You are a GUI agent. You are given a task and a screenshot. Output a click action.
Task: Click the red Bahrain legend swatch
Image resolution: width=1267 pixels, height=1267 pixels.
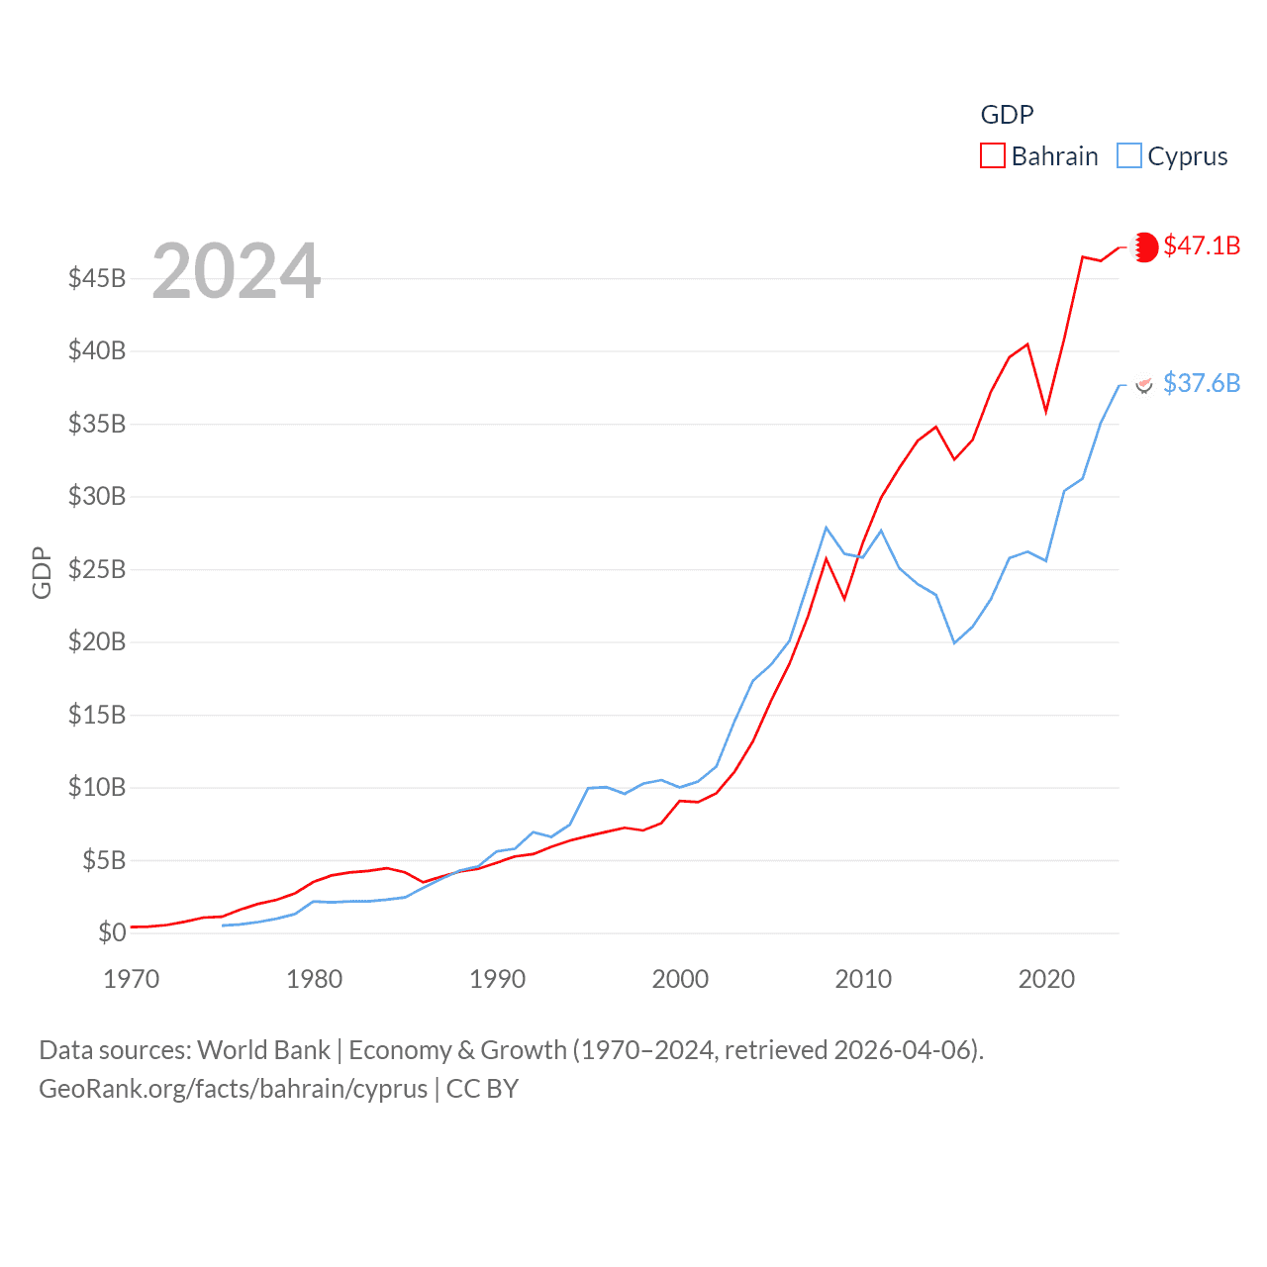click(992, 156)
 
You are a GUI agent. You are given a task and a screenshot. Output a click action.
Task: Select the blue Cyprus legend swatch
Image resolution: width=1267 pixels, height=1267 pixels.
click(1128, 156)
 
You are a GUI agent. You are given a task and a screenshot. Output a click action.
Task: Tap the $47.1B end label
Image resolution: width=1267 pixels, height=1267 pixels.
click(1202, 245)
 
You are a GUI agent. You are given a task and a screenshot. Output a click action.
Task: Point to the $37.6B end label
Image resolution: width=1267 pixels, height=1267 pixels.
click(1202, 383)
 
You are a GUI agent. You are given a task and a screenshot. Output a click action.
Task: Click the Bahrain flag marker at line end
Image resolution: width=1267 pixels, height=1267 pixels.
click(1145, 246)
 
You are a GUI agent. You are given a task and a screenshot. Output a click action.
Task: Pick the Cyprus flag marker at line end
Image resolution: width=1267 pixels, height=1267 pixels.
click(1144, 384)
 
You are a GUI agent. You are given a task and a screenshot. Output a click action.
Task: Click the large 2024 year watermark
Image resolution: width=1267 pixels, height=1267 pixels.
click(236, 271)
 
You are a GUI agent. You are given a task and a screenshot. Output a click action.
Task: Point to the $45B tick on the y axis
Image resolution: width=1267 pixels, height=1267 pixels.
click(97, 278)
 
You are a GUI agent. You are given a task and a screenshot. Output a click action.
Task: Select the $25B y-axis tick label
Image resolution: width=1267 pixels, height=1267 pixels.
click(97, 569)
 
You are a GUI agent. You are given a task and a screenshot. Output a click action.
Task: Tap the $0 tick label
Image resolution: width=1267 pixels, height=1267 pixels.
click(112, 932)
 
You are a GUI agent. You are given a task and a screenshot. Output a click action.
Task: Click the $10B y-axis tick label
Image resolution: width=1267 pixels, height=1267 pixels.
click(97, 788)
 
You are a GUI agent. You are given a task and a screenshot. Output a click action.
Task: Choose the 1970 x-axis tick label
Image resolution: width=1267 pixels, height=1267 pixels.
click(132, 979)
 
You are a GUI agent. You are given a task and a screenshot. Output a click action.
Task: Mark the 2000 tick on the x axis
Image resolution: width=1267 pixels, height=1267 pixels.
click(680, 979)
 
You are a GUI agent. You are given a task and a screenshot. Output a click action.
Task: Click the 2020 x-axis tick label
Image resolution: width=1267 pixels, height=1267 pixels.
click(1046, 979)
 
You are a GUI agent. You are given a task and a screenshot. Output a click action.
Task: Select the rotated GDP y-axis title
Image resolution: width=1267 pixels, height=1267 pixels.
click(42, 572)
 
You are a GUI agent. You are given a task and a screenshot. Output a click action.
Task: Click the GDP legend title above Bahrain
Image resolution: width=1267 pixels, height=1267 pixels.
click(1007, 115)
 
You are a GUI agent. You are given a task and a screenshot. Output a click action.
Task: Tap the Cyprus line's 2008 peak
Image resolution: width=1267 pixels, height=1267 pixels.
click(826, 528)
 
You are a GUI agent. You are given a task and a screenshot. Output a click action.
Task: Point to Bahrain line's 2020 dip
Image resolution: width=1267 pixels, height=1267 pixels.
click(1046, 411)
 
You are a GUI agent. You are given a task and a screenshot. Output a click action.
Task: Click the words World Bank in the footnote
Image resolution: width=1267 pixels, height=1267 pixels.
click(263, 1049)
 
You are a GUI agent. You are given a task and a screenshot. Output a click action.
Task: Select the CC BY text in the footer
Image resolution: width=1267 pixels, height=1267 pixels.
click(482, 1089)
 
